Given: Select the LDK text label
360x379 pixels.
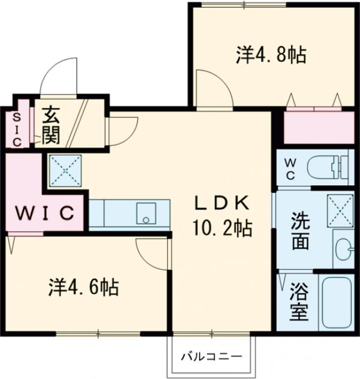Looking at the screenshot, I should click(221, 203).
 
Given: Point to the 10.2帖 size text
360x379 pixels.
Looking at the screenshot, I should click(221, 228).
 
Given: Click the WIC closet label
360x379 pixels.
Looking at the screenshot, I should click(45, 213).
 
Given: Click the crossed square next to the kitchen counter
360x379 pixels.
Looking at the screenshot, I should click(65, 170).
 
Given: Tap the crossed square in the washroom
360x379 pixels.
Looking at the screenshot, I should click(340, 210).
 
